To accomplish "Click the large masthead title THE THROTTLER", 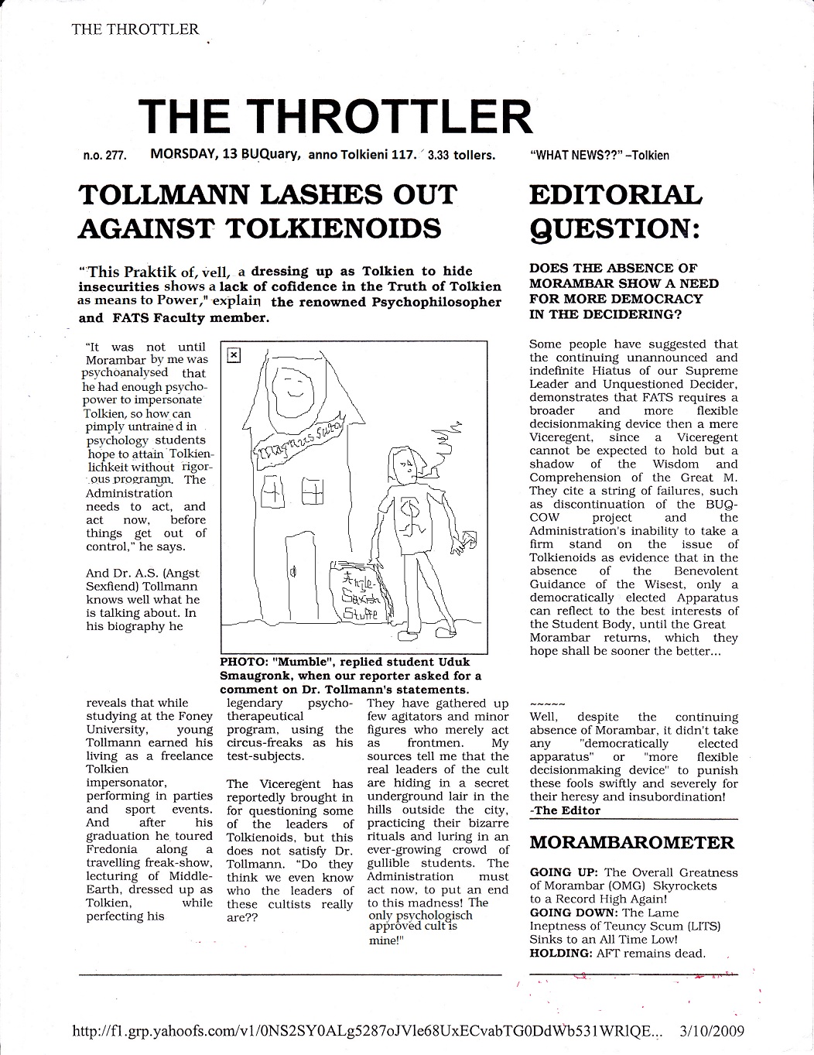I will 337,117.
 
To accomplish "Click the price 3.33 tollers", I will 462,155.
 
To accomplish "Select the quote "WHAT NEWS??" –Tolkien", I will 600,155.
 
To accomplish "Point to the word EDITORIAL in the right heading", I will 615,194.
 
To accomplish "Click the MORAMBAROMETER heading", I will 631,842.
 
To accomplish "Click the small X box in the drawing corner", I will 234,355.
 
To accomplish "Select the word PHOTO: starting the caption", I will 242,663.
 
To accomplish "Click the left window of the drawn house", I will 272,492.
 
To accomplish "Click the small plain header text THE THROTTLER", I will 135,29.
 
